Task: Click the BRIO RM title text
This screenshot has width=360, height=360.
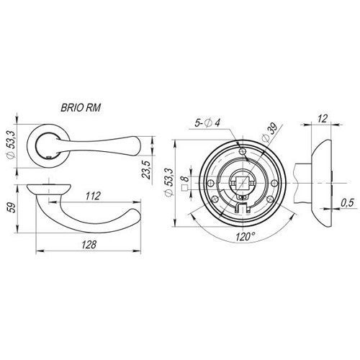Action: (81, 108)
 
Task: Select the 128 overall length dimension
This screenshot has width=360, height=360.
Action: (89, 245)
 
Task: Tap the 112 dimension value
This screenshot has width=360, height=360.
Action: (93, 196)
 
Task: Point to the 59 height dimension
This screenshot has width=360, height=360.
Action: (12, 207)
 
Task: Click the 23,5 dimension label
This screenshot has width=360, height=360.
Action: (147, 170)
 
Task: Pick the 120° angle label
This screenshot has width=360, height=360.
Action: (245, 237)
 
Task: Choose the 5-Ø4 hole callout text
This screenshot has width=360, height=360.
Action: (207, 123)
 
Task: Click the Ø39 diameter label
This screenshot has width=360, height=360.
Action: (270, 132)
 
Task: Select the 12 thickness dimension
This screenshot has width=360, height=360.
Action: (323, 119)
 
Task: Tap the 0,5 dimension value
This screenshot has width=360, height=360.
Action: (347, 203)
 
